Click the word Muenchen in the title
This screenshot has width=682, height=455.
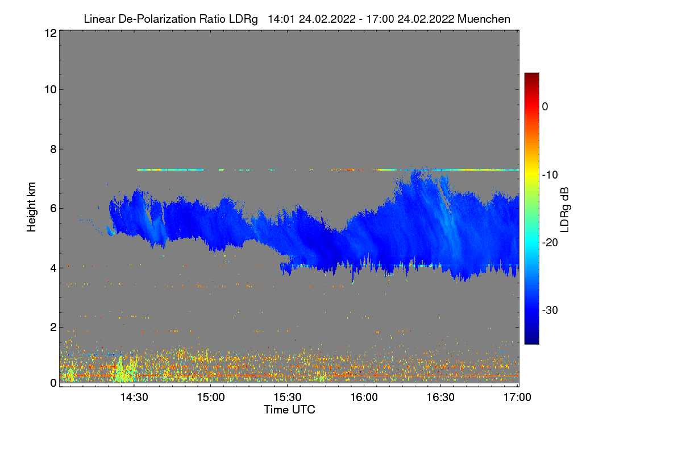[x=484, y=19]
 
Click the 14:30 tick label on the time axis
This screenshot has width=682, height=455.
[x=134, y=398]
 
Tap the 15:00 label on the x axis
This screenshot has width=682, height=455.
[x=211, y=398]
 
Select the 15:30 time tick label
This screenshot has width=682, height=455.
[x=288, y=398]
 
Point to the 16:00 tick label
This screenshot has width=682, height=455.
[x=364, y=398]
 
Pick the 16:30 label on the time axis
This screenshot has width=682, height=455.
[x=441, y=398]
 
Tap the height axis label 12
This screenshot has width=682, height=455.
[x=49, y=33]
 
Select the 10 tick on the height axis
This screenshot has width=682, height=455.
[x=49, y=89]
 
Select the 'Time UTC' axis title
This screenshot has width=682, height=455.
[x=289, y=409]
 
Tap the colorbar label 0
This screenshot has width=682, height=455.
[x=545, y=106]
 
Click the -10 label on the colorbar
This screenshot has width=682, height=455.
[x=550, y=175]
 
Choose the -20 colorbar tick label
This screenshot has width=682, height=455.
[x=550, y=242]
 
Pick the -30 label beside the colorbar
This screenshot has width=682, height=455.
[x=550, y=311]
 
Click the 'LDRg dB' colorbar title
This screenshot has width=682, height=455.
[x=566, y=208]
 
